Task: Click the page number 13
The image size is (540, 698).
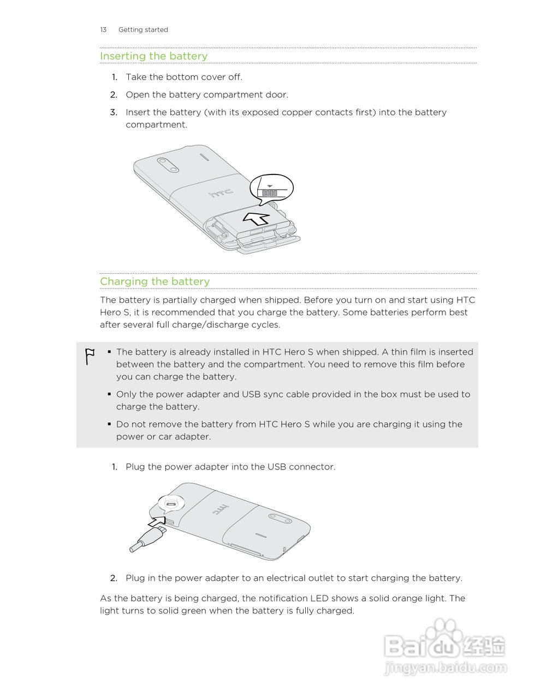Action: (103, 30)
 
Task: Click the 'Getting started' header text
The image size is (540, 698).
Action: (143, 30)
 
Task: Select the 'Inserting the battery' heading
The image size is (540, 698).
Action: (153, 56)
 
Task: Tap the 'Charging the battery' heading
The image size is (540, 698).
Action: (155, 281)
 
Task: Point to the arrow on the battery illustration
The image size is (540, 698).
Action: (256, 219)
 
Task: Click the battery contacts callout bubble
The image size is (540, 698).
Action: (271, 189)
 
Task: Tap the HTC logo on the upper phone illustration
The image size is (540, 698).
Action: (221, 192)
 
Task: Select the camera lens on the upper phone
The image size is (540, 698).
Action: (168, 165)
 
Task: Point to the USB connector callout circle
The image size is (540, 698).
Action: (170, 504)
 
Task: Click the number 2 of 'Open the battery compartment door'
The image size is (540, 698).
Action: (114, 95)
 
